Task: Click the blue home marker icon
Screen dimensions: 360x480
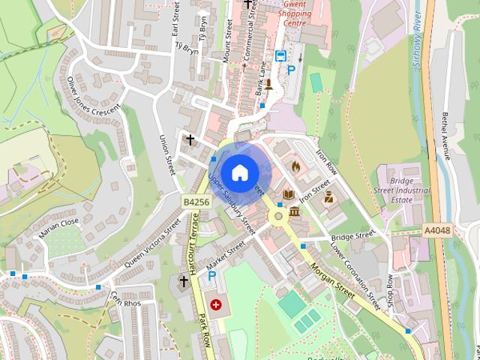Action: pyautogui.click(x=239, y=172)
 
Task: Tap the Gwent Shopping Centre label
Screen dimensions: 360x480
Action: pyautogui.click(x=283, y=13)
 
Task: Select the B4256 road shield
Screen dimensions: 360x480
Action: pyautogui.click(x=193, y=202)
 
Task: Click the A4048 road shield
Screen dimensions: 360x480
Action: pyautogui.click(x=436, y=230)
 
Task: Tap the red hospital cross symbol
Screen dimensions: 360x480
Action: pyautogui.click(x=216, y=305)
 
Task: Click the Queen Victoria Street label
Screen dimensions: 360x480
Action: pyautogui.click(x=152, y=243)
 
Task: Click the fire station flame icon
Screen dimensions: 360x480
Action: pyautogui.click(x=295, y=166)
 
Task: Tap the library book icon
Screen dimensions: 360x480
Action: pyautogui.click(x=289, y=195)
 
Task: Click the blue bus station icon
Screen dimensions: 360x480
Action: pyautogui.click(x=280, y=56)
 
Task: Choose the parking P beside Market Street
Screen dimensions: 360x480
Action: pyautogui.click(x=212, y=277)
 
